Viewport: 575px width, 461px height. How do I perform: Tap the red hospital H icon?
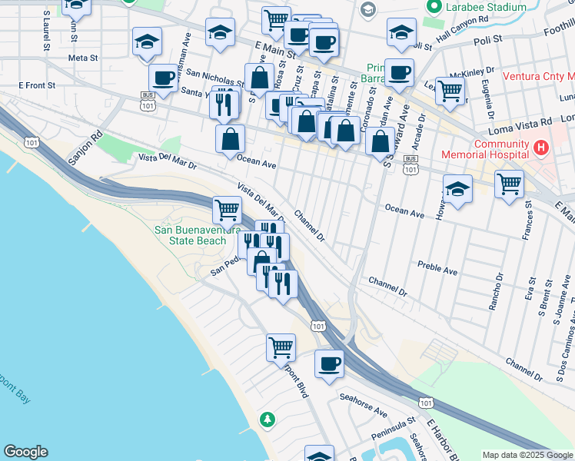point(541,146)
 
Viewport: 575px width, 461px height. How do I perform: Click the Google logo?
point(25,452)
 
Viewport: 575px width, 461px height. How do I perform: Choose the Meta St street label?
point(83,58)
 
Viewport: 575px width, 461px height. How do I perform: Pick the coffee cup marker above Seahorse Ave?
point(330,363)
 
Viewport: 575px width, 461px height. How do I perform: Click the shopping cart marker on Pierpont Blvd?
point(281,347)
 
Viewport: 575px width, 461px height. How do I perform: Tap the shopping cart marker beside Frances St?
point(509,184)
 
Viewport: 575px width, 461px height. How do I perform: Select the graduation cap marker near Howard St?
point(457,189)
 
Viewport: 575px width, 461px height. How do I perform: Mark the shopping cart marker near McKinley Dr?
point(450,89)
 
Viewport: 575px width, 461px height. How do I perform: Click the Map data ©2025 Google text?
point(527,454)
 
